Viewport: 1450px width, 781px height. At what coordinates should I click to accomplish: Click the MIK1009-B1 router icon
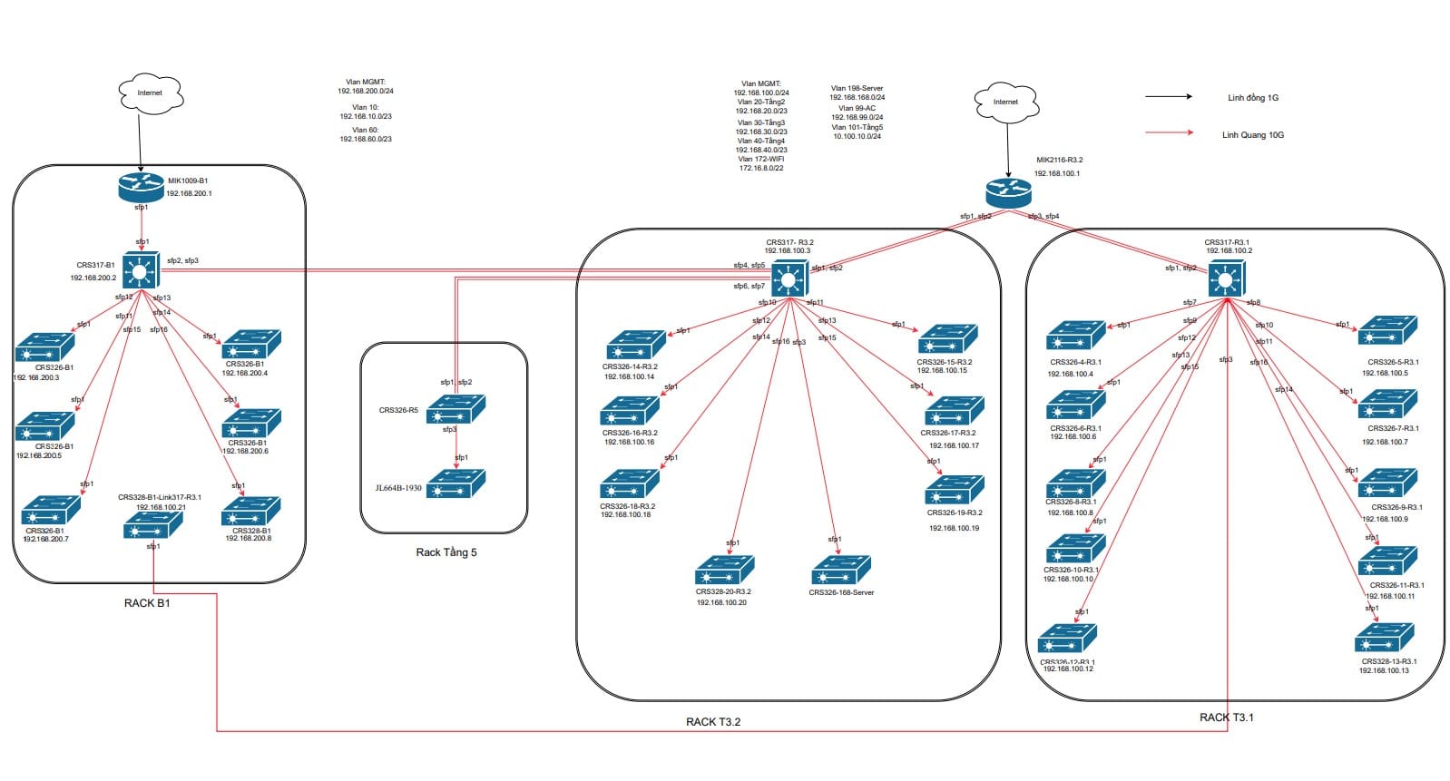(x=141, y=188)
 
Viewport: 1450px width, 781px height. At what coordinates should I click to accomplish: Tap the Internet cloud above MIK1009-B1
(x=151, y=93)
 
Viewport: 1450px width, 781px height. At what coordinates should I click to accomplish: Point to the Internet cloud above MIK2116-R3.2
(x=1005, y=102)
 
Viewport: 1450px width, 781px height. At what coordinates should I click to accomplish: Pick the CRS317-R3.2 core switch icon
(x=789, y=278)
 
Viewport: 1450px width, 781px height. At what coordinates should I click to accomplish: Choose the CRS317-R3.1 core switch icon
(x=1227, y=278)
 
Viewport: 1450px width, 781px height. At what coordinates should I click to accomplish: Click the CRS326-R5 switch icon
(x=456, y=410)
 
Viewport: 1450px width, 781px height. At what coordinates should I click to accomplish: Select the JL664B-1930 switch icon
(x=456, y=483)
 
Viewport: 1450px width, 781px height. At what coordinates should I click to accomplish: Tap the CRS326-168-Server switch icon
(x=840, y=571)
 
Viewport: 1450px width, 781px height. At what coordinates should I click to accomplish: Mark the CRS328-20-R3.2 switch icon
(x=724, y=570)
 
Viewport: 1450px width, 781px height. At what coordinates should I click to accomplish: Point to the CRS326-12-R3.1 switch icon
(x=1067, y=639)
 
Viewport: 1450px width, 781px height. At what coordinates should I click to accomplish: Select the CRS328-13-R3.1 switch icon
(x=1384, y=638)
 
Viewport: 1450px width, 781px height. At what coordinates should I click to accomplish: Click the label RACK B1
(x=147, y=603)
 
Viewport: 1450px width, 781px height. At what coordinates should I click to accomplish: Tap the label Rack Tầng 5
(x=446, y=552)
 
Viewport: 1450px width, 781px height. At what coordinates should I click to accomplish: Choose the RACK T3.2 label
(x=713, y=722)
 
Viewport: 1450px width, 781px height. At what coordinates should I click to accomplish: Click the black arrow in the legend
(x=1169, y=96)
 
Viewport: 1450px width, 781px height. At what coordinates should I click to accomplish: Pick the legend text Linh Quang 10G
(x=1252, y=135)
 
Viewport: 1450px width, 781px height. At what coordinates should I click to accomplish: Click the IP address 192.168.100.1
(x=1057, y=173)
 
